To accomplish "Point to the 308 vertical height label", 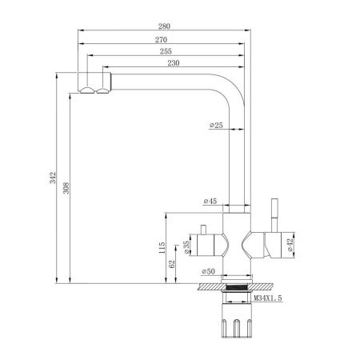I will pyautogui.click(x=67, y=189).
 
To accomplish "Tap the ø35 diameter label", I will pyautogui.click(x=187, y=248).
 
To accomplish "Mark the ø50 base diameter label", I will pyautogui.click(x=210, y=271).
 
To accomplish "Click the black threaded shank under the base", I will pyautogui.click(x=237, y=290).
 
